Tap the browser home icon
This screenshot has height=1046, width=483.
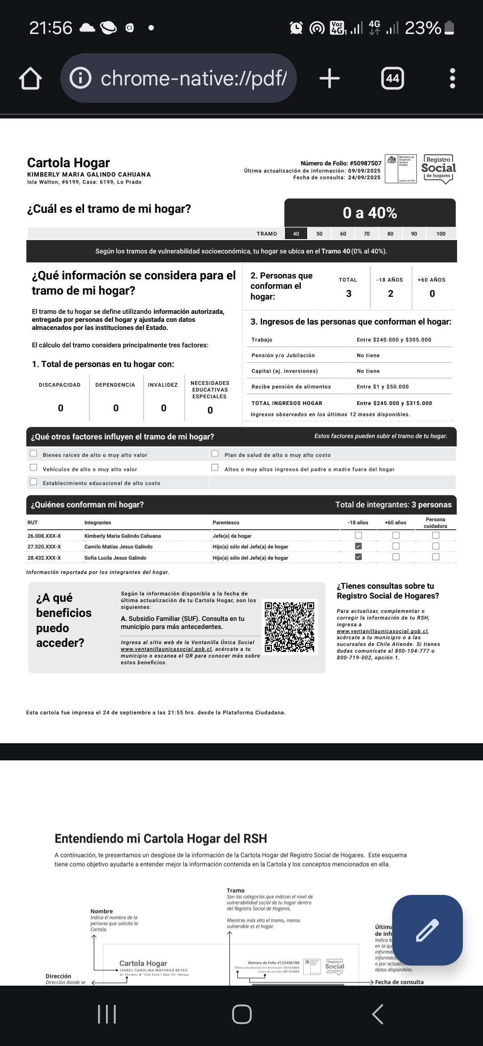pos(30,79)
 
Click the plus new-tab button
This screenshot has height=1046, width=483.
pos(330,79)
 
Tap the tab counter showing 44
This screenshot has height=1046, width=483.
pos(392,79)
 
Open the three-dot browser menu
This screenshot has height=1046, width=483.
pos(452,79)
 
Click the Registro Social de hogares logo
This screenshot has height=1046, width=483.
pos(438,169)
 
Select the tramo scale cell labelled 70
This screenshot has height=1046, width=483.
pos(367,234)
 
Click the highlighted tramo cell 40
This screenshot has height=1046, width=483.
pos(296,234)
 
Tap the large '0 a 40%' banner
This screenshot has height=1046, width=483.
pos(370,213)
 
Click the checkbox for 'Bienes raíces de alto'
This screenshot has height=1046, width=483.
pos(34,454)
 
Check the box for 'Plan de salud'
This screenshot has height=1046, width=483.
pos(215,454)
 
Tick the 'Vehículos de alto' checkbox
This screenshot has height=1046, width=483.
pos(34,468)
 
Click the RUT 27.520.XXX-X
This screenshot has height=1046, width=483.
pos(44,547)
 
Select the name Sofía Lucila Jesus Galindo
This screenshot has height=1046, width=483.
pos(115,558)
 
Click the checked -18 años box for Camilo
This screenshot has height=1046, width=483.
pos(358,546)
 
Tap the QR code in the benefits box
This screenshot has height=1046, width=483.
pos(290,627)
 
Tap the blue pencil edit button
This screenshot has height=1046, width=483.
pos(427,930)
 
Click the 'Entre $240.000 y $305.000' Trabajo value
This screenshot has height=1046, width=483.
pos(394,340)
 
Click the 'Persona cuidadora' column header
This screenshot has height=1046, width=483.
pos(435,523)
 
